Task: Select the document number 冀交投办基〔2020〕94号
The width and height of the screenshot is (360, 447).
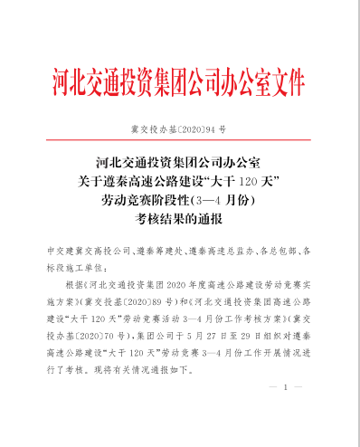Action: (x=179, y=130)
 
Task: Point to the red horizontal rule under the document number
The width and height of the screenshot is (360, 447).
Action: (x=179, y=143)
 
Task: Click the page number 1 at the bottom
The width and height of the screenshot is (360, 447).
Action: (x=286, y=387)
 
